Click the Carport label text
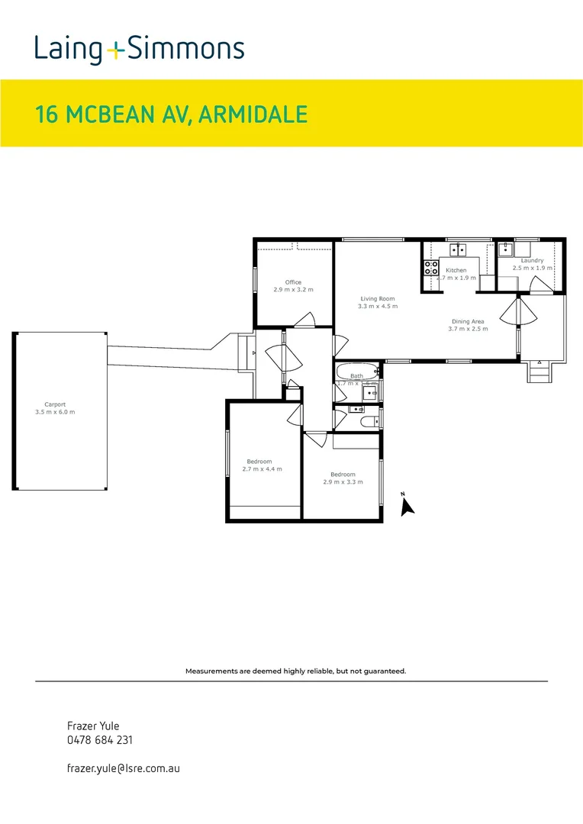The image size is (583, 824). point(55,404)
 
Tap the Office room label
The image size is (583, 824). point(294,282)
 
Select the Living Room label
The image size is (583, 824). point(377,298)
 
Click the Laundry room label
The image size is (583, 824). point(532,261)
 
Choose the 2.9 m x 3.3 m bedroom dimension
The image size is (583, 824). point(343,481)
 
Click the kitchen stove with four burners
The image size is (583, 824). point(431,268)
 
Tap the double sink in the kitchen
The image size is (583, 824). point(458,249)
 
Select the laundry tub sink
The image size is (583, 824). point(505,249)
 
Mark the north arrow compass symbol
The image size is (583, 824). point(407,504)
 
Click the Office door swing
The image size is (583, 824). point(306,319)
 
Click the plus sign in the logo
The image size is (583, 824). point(114,50)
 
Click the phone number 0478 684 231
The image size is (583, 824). point(101,740)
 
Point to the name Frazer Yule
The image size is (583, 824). point(94,726)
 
